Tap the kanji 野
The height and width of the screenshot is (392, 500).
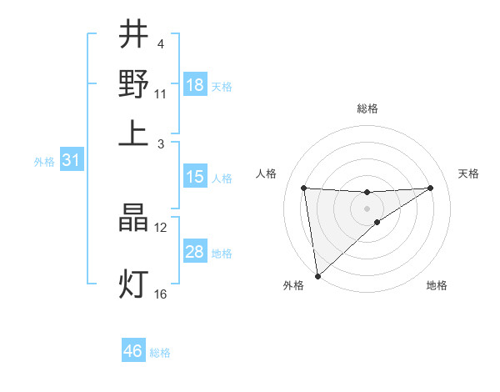point(133,83)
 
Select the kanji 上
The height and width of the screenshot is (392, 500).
point(133,133)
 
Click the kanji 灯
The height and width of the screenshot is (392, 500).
point(133,284)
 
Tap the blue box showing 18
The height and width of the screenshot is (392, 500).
point(195,85)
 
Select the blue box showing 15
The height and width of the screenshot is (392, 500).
point(195,177)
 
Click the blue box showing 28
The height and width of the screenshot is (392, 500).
point(195,252)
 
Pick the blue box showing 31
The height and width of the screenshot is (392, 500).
point(71,161)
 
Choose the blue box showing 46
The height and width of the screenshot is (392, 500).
point(133,351)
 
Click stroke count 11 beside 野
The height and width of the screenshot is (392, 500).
point(161,93)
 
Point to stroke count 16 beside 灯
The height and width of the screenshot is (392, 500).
point(161,294)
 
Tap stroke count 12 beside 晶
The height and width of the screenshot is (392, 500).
point(161,227)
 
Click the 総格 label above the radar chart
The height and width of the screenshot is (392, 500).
point(367,108)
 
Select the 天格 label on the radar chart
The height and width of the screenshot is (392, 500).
point(468,173)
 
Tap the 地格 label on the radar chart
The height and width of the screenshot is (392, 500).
point(437,285)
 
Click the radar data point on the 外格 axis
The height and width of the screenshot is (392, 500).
point(317,275)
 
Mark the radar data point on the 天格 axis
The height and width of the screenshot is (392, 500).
point(431,188)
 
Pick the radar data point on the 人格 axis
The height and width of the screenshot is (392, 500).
point(304,188)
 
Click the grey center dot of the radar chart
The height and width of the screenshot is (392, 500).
point(367,208)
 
